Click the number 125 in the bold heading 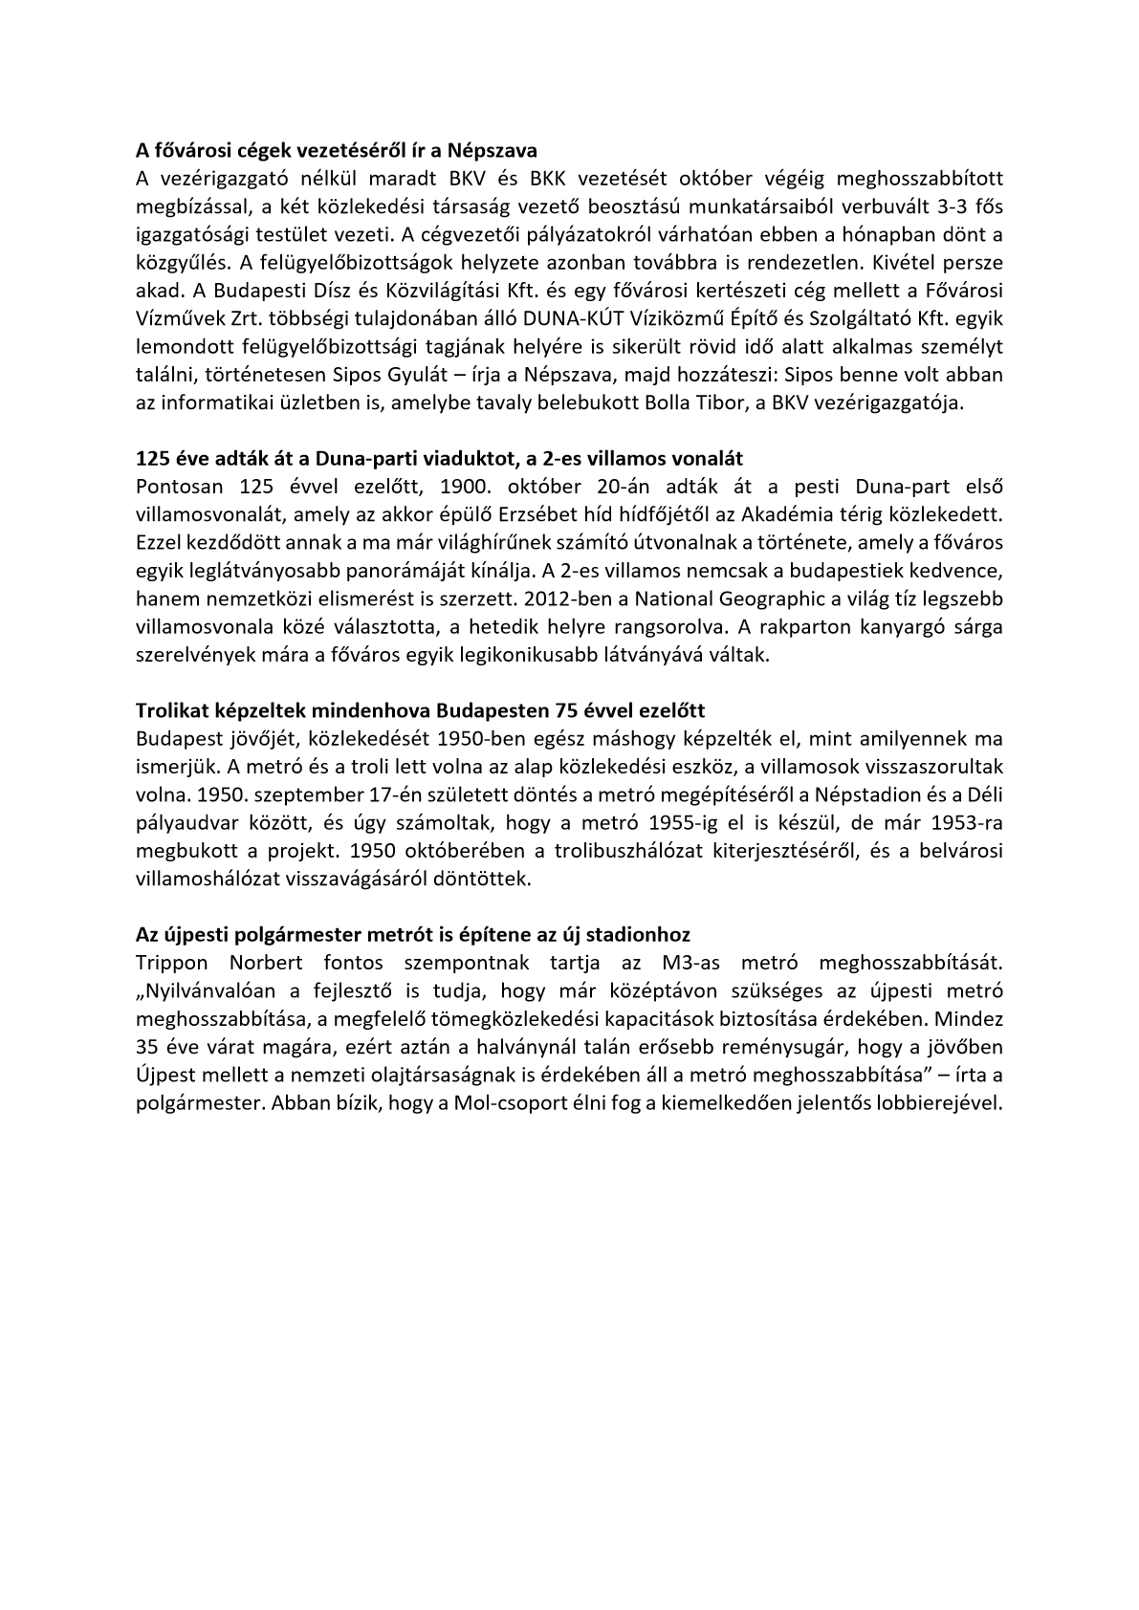point(154,458)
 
